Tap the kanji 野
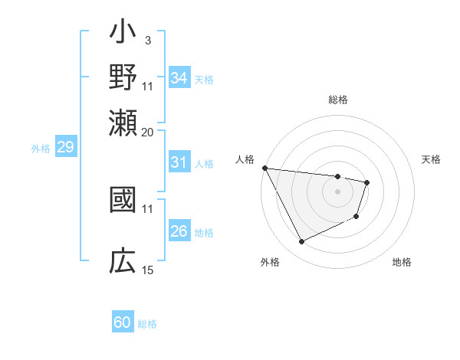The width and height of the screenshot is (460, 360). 123,79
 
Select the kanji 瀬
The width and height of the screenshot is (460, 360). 123,123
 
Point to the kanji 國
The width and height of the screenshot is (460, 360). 123,201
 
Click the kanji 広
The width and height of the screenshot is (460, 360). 123,261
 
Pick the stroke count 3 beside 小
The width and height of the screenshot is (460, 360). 147,39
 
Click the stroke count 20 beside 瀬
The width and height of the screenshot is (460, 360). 148,131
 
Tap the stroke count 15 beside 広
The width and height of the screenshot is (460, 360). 148,270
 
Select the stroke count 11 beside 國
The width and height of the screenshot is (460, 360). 148,208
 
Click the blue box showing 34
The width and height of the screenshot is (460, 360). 179,78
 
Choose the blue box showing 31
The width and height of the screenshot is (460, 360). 179,162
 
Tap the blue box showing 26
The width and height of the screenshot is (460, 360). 179,231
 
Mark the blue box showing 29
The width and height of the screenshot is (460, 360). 65,147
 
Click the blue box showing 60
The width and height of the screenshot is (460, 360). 123,322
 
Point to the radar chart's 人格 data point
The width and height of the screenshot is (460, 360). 264,169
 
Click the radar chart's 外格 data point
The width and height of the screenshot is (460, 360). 301,242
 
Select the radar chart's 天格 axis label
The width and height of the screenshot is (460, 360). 432,159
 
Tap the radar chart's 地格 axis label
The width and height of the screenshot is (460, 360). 402,263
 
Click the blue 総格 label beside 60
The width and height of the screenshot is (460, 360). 148,324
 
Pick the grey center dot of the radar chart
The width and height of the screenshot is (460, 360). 337,191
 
